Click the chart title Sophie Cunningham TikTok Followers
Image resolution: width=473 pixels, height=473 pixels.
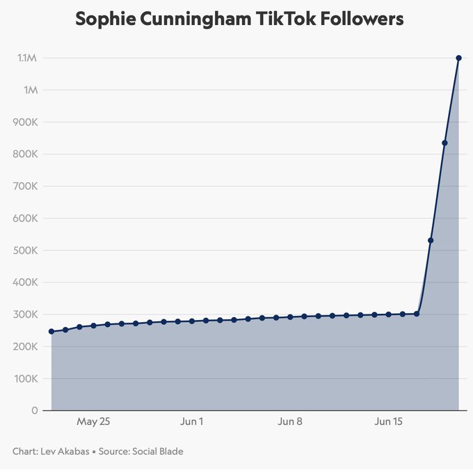[x=239, y=19]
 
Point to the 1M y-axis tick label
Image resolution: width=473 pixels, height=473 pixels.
[x=31, y=90]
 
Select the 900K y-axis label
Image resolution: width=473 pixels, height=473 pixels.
[x=24, y=122]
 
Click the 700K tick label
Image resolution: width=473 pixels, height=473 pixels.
[x=24, y=186]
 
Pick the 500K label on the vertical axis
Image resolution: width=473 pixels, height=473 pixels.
[x=24, y=250]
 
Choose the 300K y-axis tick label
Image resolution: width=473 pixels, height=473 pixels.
[x=24, y=314]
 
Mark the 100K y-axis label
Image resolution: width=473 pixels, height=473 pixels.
[x=24, y=378]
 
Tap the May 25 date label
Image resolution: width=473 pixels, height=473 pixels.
[x=93, y=422]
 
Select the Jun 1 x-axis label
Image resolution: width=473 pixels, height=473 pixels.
[x=191, y=422]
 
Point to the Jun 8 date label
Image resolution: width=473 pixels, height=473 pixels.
[x=290, y=422]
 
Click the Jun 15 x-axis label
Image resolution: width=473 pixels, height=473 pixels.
[x=388, y=422]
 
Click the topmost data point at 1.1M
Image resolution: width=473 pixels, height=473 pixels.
[x=458, y=58]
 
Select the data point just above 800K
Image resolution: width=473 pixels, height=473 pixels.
[x=444, y=143]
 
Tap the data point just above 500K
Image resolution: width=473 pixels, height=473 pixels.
[x=431, y=241]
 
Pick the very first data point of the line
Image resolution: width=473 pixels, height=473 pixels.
[x=51, y=332]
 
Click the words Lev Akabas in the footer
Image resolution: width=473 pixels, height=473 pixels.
[x=66, y=451]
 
